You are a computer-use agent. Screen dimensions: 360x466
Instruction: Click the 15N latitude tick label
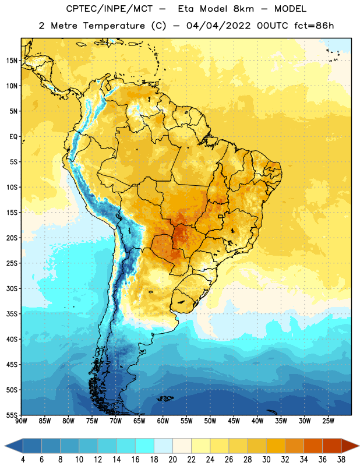click(12, 61)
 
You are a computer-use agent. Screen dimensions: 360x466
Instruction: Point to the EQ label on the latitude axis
click(13, 137)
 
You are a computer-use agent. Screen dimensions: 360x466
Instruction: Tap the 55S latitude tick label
click(12, 415)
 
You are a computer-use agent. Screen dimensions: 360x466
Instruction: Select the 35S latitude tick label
click(12, 314)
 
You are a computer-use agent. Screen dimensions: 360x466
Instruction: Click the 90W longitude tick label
click(21, 421)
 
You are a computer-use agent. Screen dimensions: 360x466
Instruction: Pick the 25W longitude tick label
click(328, 421)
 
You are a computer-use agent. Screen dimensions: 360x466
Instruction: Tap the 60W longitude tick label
click(163, 421)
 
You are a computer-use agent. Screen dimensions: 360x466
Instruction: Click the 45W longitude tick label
click(234, 421)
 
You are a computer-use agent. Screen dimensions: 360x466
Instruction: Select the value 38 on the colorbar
click(341, 460)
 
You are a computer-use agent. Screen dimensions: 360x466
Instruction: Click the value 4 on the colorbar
click(23, 460)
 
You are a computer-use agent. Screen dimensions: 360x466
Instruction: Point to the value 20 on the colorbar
click(172, 460)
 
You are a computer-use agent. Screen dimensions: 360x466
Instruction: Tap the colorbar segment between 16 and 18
click(145, 446)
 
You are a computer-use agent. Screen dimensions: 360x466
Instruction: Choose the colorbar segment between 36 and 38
click(332, 446)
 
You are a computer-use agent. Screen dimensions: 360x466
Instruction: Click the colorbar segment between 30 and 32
click(276, 446)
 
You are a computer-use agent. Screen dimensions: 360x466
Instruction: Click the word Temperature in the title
click(114, 26)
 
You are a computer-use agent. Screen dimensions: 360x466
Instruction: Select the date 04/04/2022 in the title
click(218, 26)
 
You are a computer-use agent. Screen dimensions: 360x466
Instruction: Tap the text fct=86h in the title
click(314, 26)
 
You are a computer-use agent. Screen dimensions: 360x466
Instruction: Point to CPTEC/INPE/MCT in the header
click(110, 9)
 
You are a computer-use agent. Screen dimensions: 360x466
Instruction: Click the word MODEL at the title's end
click(291, 9)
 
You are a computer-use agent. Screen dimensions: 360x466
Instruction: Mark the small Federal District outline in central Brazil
click(221, 216)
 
